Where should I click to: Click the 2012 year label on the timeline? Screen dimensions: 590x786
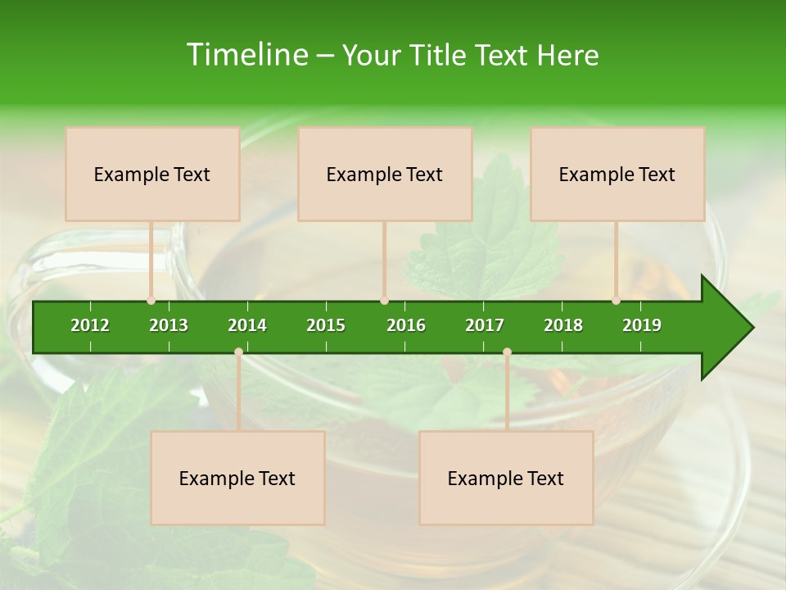(x=90, y=325)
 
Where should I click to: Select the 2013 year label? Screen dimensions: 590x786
(x=169, y=325)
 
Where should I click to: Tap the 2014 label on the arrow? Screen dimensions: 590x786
(x=247, y=325)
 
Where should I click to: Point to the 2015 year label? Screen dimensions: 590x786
(x=326, y=325)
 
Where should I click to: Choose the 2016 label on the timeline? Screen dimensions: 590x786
(x=406, y=325)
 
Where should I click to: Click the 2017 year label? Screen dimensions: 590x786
(x=485, y=325)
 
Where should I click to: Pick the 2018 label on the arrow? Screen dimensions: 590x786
(x=563, y=325)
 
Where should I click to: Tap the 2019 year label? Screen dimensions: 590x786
(x=642, y=325)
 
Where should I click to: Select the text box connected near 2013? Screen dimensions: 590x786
(x=152, y=174)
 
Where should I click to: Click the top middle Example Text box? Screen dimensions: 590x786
(x=385, y=174)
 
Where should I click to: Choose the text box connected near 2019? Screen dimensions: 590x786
(x=617, y=174)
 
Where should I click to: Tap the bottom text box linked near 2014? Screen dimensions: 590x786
(x=237, y=478)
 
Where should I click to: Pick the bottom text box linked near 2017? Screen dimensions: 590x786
(x=506, y=478)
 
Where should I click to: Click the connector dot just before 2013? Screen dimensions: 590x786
(x=151, y=301)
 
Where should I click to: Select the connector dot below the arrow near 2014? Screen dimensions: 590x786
(x=238, y=352)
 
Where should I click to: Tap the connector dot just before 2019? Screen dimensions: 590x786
(x=616, y=301)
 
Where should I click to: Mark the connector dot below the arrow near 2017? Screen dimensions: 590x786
(x=507, y=352)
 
